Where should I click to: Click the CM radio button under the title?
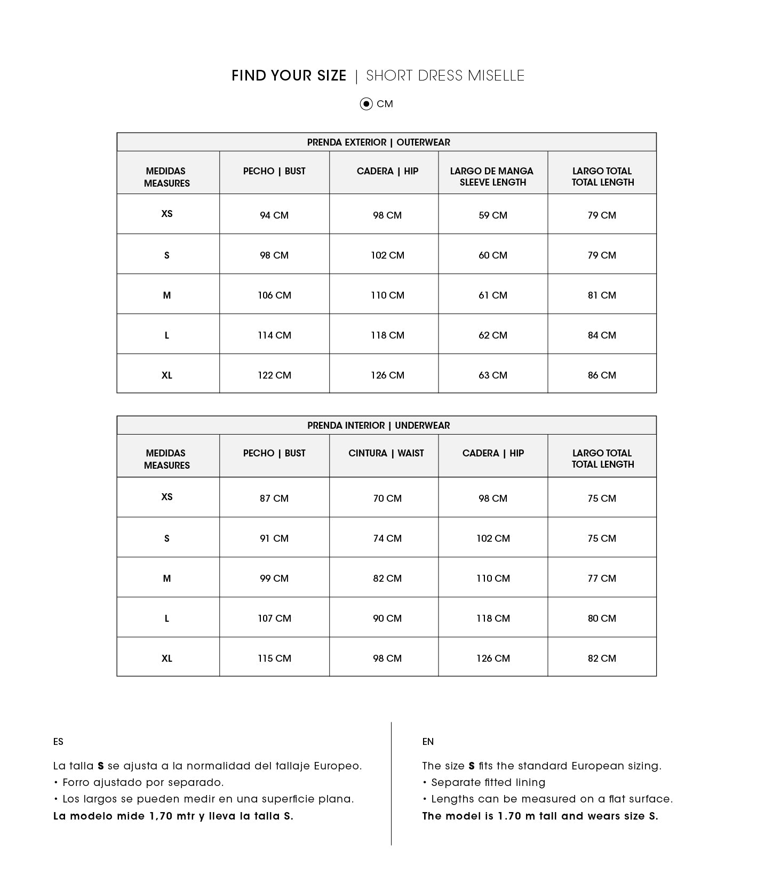click(x=366, y=104)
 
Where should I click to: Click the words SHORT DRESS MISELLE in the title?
click(x=445, y=76)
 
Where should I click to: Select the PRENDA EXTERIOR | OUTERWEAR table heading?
click(x=378, y=142)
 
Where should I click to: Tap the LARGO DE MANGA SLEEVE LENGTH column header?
click(x=492, y=176)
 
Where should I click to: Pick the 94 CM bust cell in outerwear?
click(x=274, y=215)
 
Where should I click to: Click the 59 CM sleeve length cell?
click(x=492, y=215)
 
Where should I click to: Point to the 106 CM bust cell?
click(x=274, y=295)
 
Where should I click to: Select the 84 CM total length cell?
click(x=601, y=335)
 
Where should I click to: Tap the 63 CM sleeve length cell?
click(x=492, y=375)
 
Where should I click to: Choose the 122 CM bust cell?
click(x=274, y=375)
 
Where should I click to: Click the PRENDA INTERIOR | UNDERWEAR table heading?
click(x=378, y=426)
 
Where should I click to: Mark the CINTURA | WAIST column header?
click(x=386, y=453)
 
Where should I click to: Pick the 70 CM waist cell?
click(x=387, y=499)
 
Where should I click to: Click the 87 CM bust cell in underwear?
click(x=274, y=499)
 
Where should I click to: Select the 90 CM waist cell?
click(x=387, y=619)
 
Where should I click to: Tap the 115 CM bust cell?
click(x=274, y=659)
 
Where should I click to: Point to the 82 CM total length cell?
click(x=601, y=659)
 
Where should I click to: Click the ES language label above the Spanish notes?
click(x=58, y=742)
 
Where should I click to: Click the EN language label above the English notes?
click(x=428, y=742)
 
